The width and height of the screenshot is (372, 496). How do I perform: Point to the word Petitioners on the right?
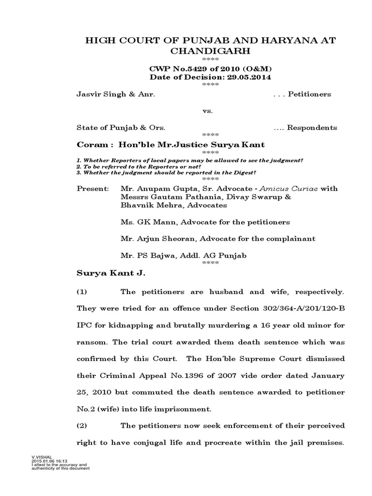310,94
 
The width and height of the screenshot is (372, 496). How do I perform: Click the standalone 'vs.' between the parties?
208,111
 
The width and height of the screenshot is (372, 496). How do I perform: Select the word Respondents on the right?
312,128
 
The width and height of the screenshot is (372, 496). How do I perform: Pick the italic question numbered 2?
132,166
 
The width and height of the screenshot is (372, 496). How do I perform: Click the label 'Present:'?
93,188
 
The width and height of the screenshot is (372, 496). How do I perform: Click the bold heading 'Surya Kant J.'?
111,273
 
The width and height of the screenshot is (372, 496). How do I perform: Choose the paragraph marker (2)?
83,425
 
